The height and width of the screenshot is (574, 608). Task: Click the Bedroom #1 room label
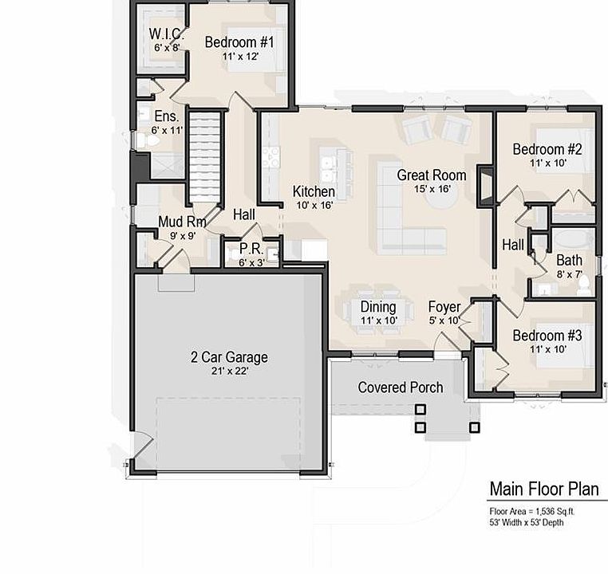click(239, 42)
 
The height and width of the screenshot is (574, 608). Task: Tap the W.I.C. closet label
click(167, 35)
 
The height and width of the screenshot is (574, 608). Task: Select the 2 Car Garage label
click(229, 357)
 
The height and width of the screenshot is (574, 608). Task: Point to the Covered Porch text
click(400, 387)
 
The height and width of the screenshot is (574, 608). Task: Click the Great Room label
click(432, 175)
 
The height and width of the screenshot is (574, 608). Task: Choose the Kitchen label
click(314, 191)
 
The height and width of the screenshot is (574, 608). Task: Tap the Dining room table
click(378, 310)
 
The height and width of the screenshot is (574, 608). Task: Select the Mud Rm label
click(182, 222)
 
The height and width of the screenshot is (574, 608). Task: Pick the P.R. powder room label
click(251, 249)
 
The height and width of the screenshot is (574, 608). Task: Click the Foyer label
click(444, 307)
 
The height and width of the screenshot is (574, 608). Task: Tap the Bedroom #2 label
click(547, 149)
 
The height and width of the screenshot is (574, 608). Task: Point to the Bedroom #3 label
click(547, 336)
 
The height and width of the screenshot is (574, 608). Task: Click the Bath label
click(569, 261)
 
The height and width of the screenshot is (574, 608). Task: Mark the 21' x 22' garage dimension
click(229, 372)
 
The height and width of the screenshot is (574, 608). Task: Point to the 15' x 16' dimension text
click(432, 189)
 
